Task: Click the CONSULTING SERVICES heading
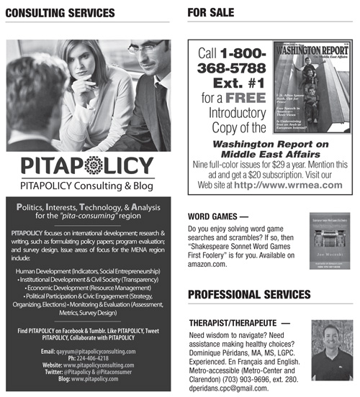click(55, 13)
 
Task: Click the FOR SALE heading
click(211, 12)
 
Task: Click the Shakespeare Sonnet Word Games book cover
click(317, 242)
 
